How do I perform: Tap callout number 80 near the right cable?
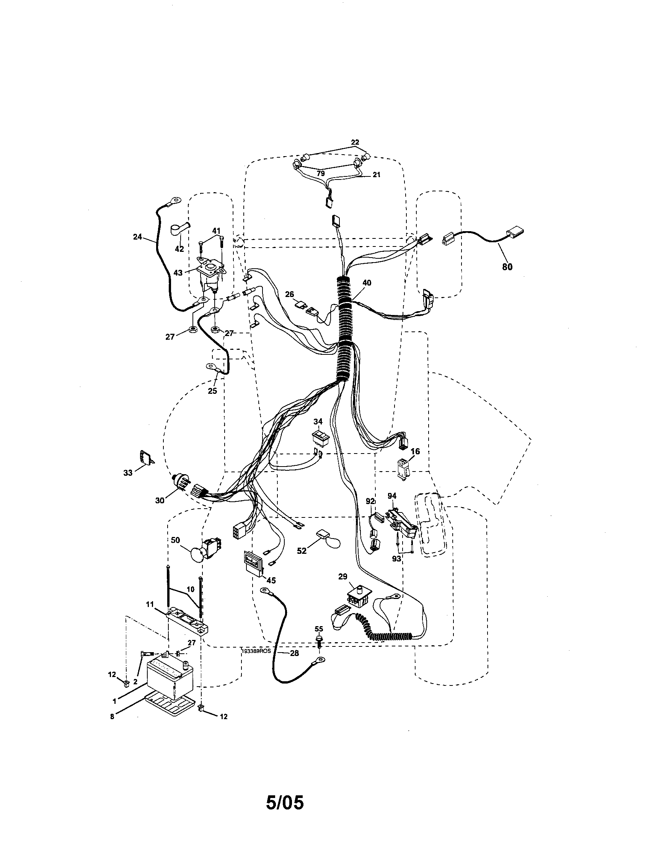[507, 266]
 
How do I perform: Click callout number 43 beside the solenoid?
[178, 273]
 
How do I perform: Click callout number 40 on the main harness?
[367, 282]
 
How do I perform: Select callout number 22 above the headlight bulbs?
[355, 142]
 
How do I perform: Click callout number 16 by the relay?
[415, 451]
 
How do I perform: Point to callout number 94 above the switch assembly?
[392, 495]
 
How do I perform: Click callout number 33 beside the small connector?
[128, 472]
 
